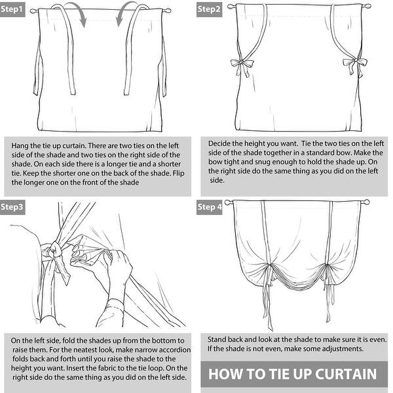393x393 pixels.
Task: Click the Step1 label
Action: (x=12, y=10)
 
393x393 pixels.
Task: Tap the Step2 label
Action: (x=209, y=10)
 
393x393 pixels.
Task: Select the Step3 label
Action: (x=12, y=207)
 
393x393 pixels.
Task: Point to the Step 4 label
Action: (x=210, y=207)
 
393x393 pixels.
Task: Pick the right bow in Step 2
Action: (x=354, y=65)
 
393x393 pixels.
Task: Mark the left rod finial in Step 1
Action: (x=33, y=11)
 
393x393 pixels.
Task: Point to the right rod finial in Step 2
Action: (x=367, y=7)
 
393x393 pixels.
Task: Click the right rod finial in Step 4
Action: (x=365, y=202)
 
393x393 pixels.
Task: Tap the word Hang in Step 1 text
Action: (x=20, y=146)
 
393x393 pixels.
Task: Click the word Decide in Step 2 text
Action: (x=219, y=143)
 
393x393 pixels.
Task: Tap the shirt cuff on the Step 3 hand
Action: (x=114, y=307)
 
